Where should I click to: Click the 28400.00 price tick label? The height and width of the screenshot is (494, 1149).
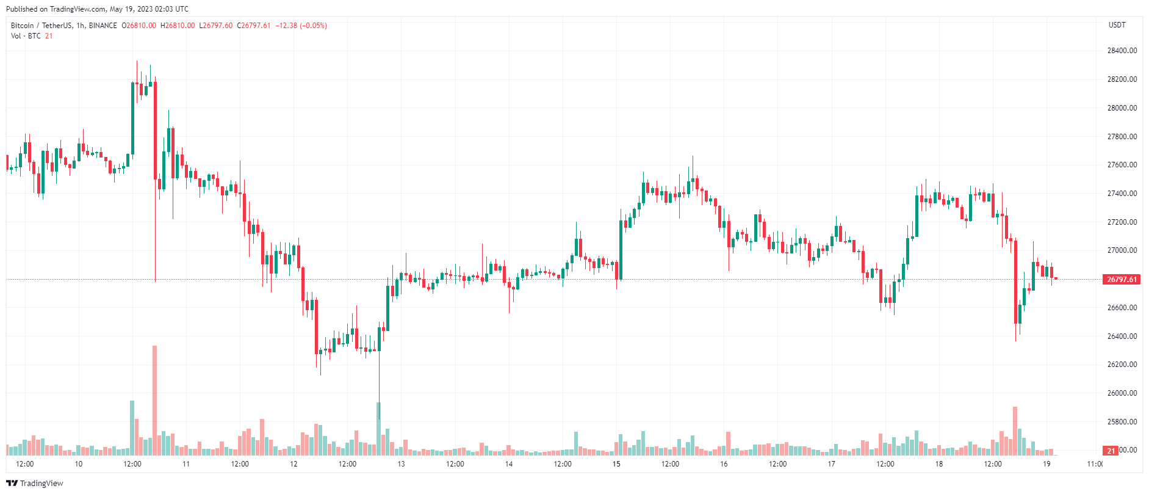click(x=1122, y=51)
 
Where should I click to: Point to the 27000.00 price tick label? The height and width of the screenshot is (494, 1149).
click(x=1122, y=250)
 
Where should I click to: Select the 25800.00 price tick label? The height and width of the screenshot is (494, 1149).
click(x=1122, y=422)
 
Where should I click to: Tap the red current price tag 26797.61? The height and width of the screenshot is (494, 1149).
click(x=1122, y=280)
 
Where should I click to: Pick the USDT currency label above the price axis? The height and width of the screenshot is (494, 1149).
click(x=1117, y=25)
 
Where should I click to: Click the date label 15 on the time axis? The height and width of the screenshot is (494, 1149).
click(x=616, y=464)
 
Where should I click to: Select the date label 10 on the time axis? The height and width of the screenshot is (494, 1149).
click(x=79, y=464)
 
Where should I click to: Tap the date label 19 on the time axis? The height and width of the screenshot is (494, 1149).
click(x=1046, y=464)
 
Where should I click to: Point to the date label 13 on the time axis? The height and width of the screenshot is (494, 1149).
click(x=401, y=464)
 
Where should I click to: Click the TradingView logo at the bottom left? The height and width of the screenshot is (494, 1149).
click(x=35, y=483)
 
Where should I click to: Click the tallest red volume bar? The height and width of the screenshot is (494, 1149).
click(x=155, y=400)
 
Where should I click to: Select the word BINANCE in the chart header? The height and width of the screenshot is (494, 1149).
click(x=103, y=26)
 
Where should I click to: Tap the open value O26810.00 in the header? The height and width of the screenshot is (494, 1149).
click(x=139, y=26)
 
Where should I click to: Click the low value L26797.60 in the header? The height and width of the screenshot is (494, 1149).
click(x=216, y=26)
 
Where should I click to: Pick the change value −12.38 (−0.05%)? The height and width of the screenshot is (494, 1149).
click(x=301, y=26)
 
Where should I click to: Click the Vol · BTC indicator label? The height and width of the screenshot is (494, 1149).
click(x=26, y=36)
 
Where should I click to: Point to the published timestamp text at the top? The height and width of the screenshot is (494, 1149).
click(x=97, y=9)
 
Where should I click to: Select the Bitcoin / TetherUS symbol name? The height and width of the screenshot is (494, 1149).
click(x=41, y=26)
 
